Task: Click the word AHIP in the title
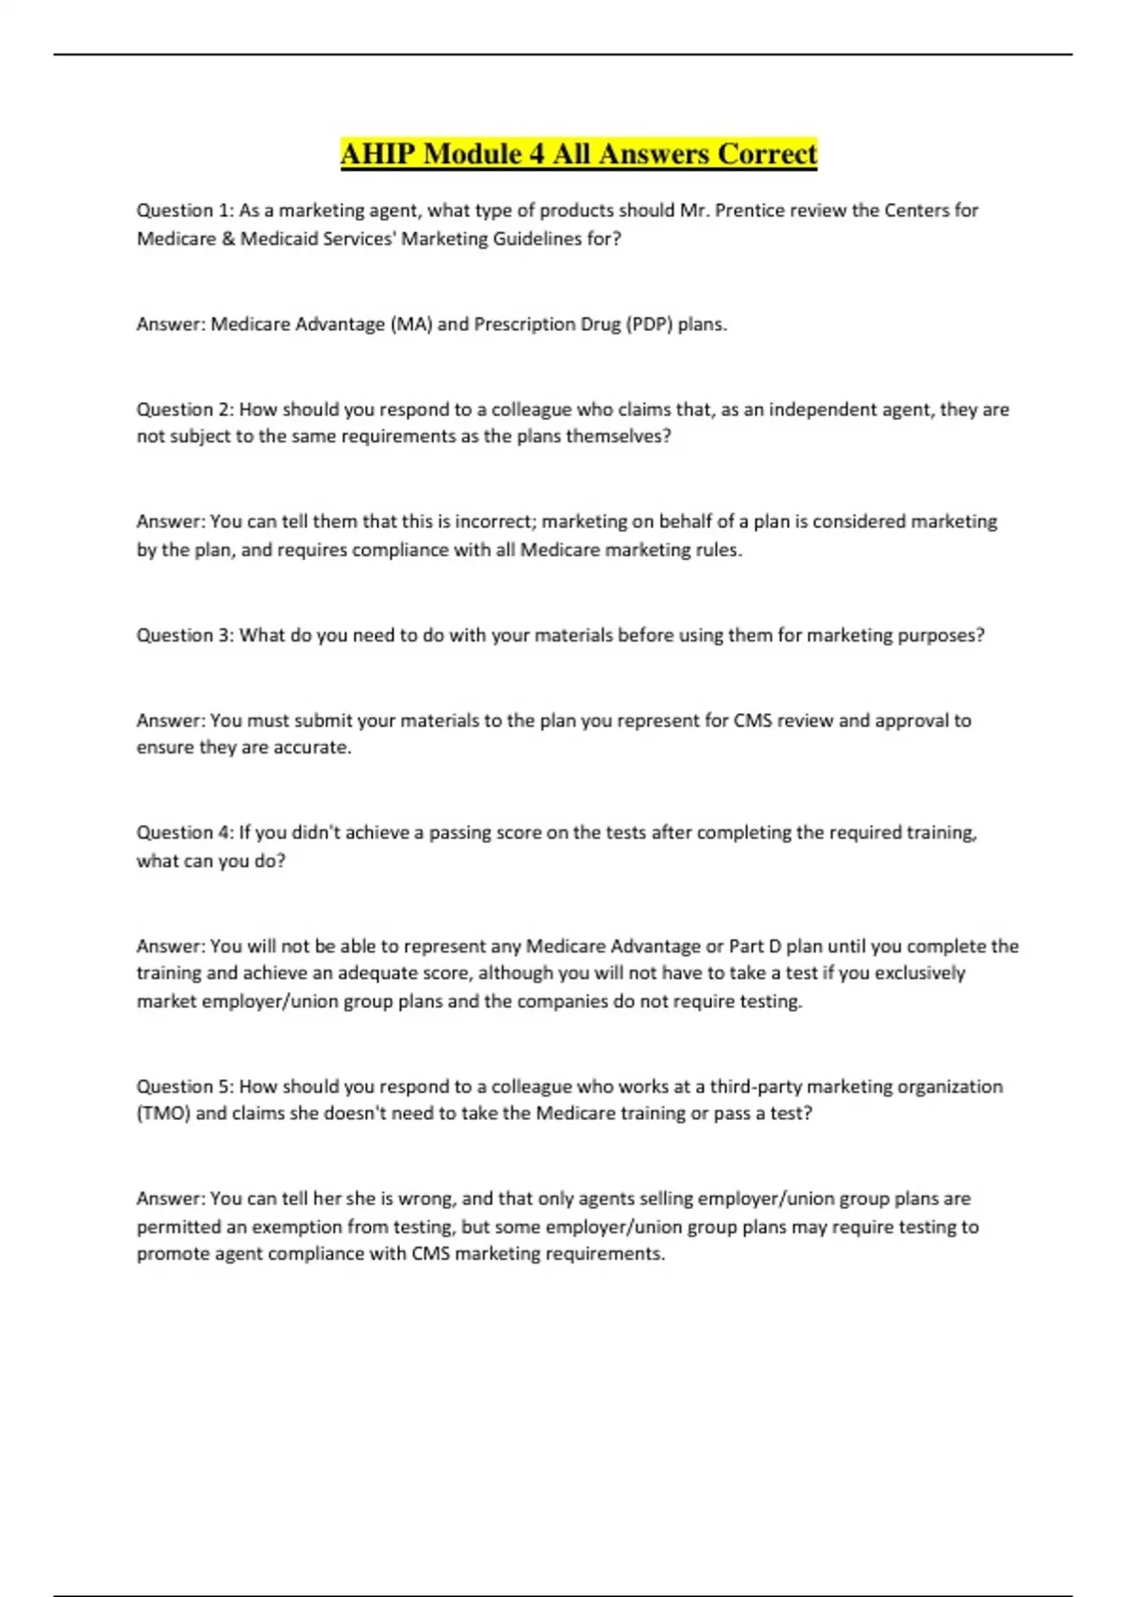pyautogui.click(x=378, y=153)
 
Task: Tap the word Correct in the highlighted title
pyautogui.click(x=767, y=153)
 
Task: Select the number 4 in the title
pyautogui.click(x=537, y=153)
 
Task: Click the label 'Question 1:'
pyautogui.click(x=185, y=210)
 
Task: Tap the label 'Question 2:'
pyautogui.click(x=185, y=410)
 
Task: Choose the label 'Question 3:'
pyautogui.click(x=185, y=635)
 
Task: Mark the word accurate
pyautogui.click(x=314, y=748)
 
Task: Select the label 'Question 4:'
pyautogui.click(x=185, y=832)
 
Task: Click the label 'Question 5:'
pyautogui.click(x=185, y=1087)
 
